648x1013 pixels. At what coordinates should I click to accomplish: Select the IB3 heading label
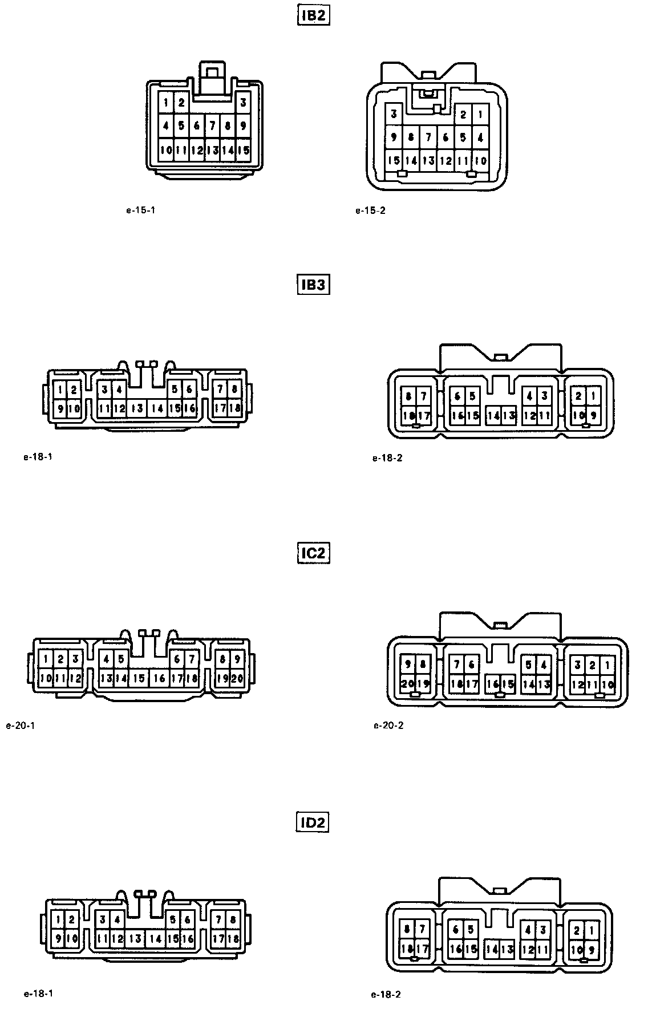coord(314,284)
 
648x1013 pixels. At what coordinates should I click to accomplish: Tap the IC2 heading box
coord(314,553)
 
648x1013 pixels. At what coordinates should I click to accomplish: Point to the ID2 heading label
coord(313,822)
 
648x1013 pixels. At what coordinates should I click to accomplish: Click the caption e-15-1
coord(140,210)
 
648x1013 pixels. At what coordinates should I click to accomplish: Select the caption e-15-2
coord(370,210)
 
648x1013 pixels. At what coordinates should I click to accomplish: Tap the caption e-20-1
coord(21,726)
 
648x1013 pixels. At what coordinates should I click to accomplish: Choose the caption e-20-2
coord(388,726)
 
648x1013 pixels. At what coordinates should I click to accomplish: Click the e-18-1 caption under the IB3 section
coord(38,456)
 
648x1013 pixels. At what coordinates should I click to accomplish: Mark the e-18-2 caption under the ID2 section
coord(386,994)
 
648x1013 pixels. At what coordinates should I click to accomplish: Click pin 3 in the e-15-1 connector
coord(243,103)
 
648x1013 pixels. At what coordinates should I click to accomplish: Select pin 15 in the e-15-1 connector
coord(243,151)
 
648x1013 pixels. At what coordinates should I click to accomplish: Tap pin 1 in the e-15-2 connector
coord(480,114)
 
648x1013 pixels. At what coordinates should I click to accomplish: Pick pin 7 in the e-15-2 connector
coord(428,137)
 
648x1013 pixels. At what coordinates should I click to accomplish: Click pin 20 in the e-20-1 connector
coord(237,678)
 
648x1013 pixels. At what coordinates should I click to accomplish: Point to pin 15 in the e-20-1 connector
coord(139,678)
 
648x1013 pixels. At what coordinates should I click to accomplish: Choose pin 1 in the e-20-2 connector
coord(608,665)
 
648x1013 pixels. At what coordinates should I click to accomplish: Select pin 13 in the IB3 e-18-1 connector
coord(137,408)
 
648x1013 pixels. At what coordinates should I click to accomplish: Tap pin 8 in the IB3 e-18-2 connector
coord(408,396)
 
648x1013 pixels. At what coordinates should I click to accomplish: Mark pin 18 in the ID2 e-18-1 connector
coord(233,938)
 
